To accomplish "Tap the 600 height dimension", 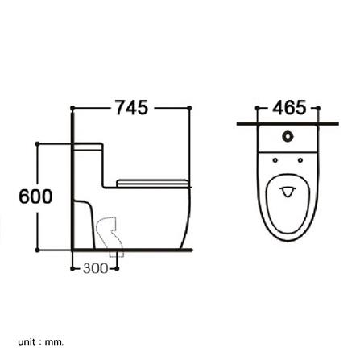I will coord(35,197).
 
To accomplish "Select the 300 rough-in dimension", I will coord(95,269).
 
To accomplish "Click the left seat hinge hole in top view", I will coord(277,160).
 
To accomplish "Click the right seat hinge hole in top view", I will coord(300,160).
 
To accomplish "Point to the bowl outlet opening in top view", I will coord(288,193).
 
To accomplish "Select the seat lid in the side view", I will coord(152,182).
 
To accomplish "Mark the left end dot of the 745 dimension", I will coord(72,107).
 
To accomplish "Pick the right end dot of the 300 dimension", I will coord(118,269).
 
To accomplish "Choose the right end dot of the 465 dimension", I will coord(320,107).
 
